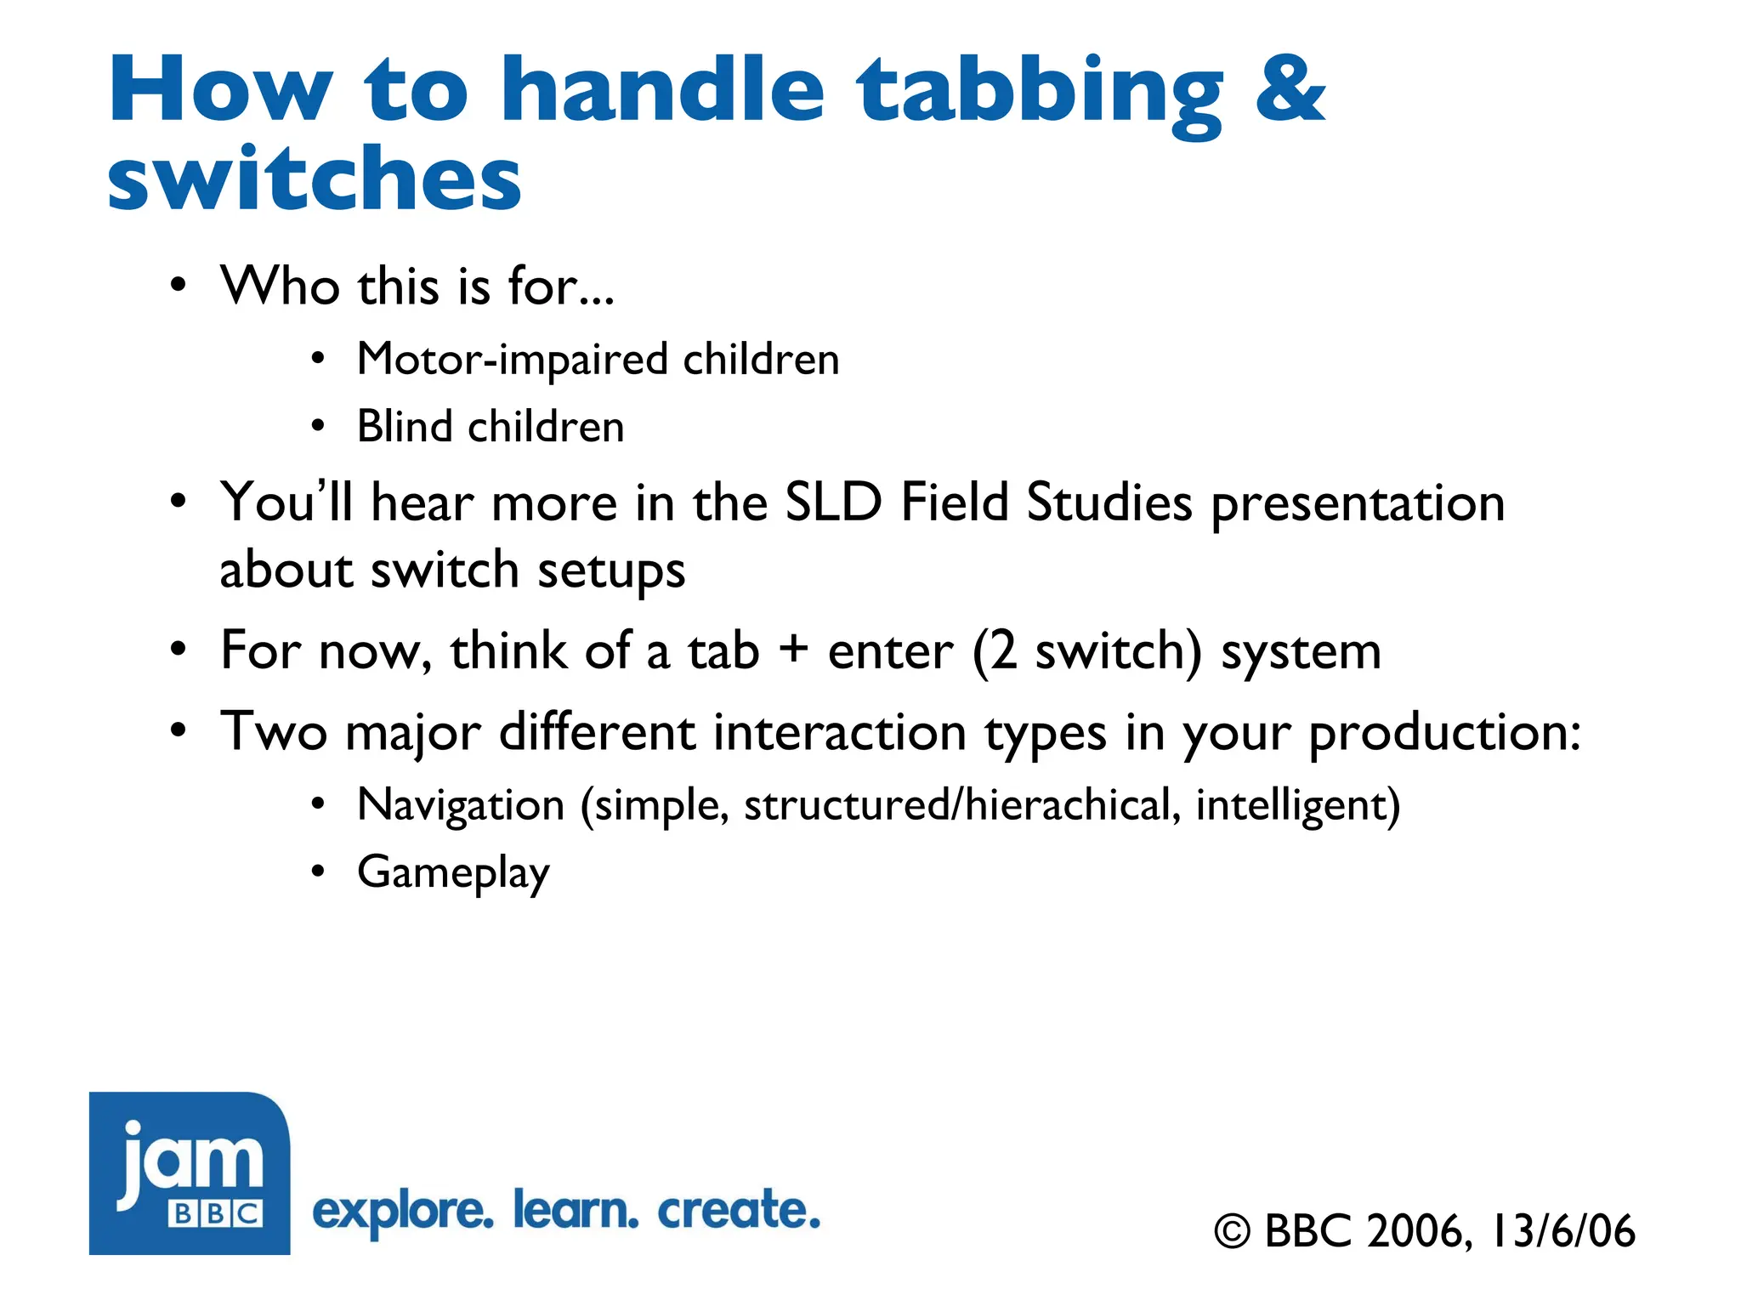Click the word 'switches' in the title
click(314, 179)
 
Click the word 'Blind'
click(404, 426)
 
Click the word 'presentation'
click(1358, 504)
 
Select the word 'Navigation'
click(461, 804)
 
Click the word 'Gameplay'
click(453, 873)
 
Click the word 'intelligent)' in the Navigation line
click(1297, 804)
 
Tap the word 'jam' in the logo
click(191, 1161)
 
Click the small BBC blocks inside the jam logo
click(216, 1213)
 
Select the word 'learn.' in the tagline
click(576, 1211)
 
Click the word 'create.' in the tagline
click(739, 1211)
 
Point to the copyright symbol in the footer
click(1232, 1232)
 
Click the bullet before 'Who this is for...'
click(177, 286)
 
